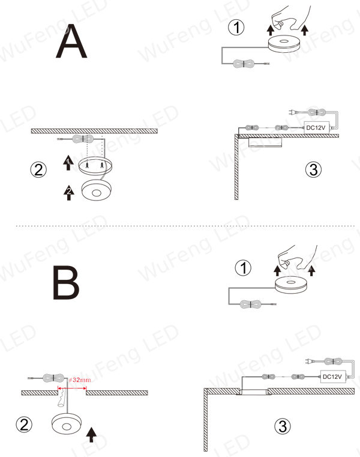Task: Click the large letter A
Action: [71, 41]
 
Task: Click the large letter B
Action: [66, 282]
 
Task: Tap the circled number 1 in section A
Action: [236, 28]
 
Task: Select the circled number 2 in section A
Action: [38, 169]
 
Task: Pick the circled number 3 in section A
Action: [313, 169]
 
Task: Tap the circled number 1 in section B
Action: [243, 268]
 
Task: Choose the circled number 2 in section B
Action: [24, 425]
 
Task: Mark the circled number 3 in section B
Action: [283, 426]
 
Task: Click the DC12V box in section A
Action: [317, 128]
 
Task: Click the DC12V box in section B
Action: [333, 377]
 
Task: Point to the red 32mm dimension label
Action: [80, 380]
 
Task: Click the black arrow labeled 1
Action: [68, 163]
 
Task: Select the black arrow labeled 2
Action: [69, 192]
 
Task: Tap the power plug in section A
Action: [292, 112]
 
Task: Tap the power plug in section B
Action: [310, 361]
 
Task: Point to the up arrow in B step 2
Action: [91, 435]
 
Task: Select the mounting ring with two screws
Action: [95, 166]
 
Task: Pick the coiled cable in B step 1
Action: [251, 304]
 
